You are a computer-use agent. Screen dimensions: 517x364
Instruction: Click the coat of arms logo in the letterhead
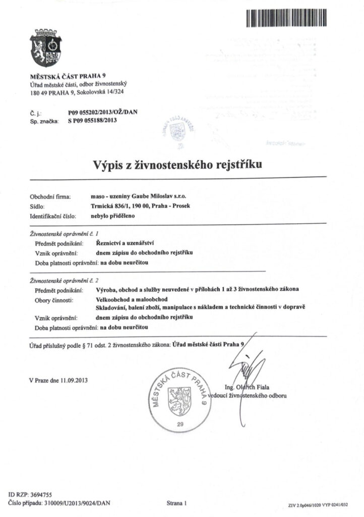point(46,49)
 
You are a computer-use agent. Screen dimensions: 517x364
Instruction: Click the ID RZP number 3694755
point(40,495)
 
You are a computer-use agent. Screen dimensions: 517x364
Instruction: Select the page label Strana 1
point(176,503)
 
